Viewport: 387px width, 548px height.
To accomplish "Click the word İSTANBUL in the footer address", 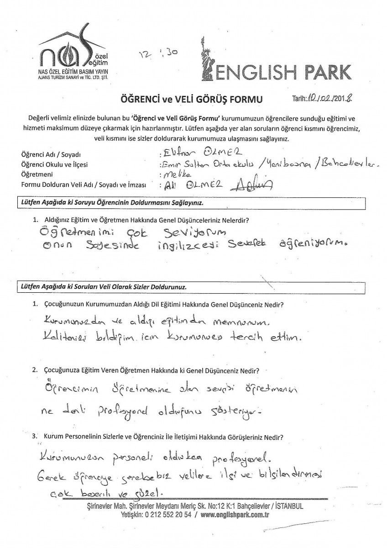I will tap(287, 506).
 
